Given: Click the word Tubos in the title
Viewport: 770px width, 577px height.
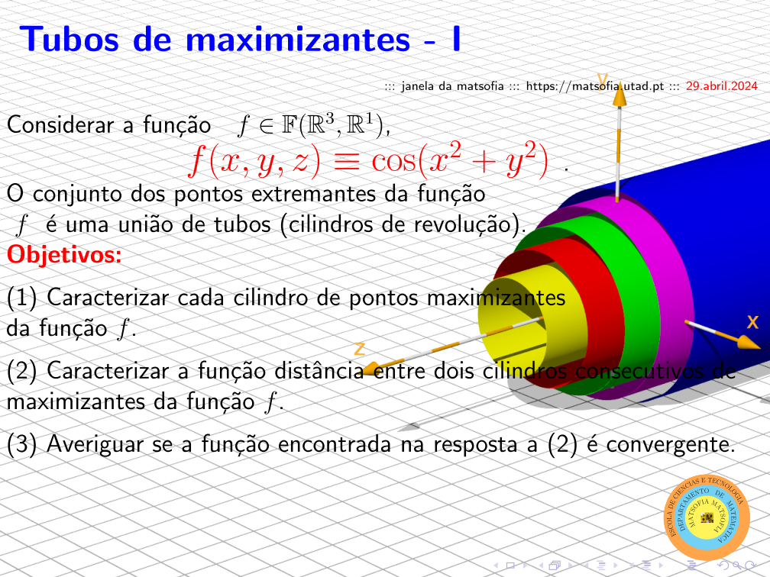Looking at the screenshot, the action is click(70, 39).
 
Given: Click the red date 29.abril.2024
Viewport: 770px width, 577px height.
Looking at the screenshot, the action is click(721, 85).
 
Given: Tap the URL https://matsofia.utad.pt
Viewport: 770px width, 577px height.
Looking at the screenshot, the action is click(594, 86).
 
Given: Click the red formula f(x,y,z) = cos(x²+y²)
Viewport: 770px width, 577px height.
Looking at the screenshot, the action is click(368, 160).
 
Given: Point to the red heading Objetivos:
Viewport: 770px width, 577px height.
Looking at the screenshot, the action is click(64, 254).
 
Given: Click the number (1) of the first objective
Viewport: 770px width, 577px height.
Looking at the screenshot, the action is click(22, 298).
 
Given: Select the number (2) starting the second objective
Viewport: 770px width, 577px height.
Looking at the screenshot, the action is click(22, 371).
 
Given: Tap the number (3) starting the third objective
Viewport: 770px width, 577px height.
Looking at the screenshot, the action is click(22, 444).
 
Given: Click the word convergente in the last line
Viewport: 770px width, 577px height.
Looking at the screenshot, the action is click(671, 444).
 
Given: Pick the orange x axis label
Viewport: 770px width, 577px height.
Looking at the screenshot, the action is click(752, 322).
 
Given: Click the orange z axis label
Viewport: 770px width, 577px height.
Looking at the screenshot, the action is click(360, 349).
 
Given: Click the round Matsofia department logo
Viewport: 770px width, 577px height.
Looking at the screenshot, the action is click(707, 517).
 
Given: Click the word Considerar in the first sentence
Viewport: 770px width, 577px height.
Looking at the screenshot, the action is click(61, 124).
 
